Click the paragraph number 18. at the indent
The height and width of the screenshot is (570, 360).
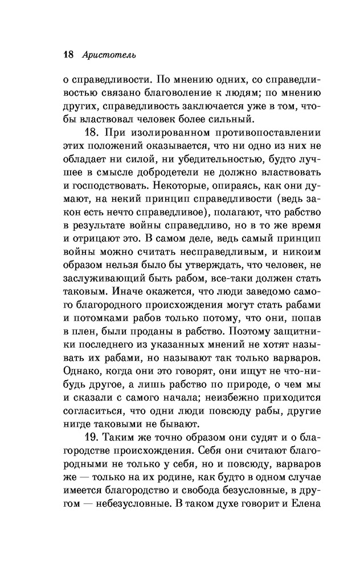[x=93, y=135]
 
